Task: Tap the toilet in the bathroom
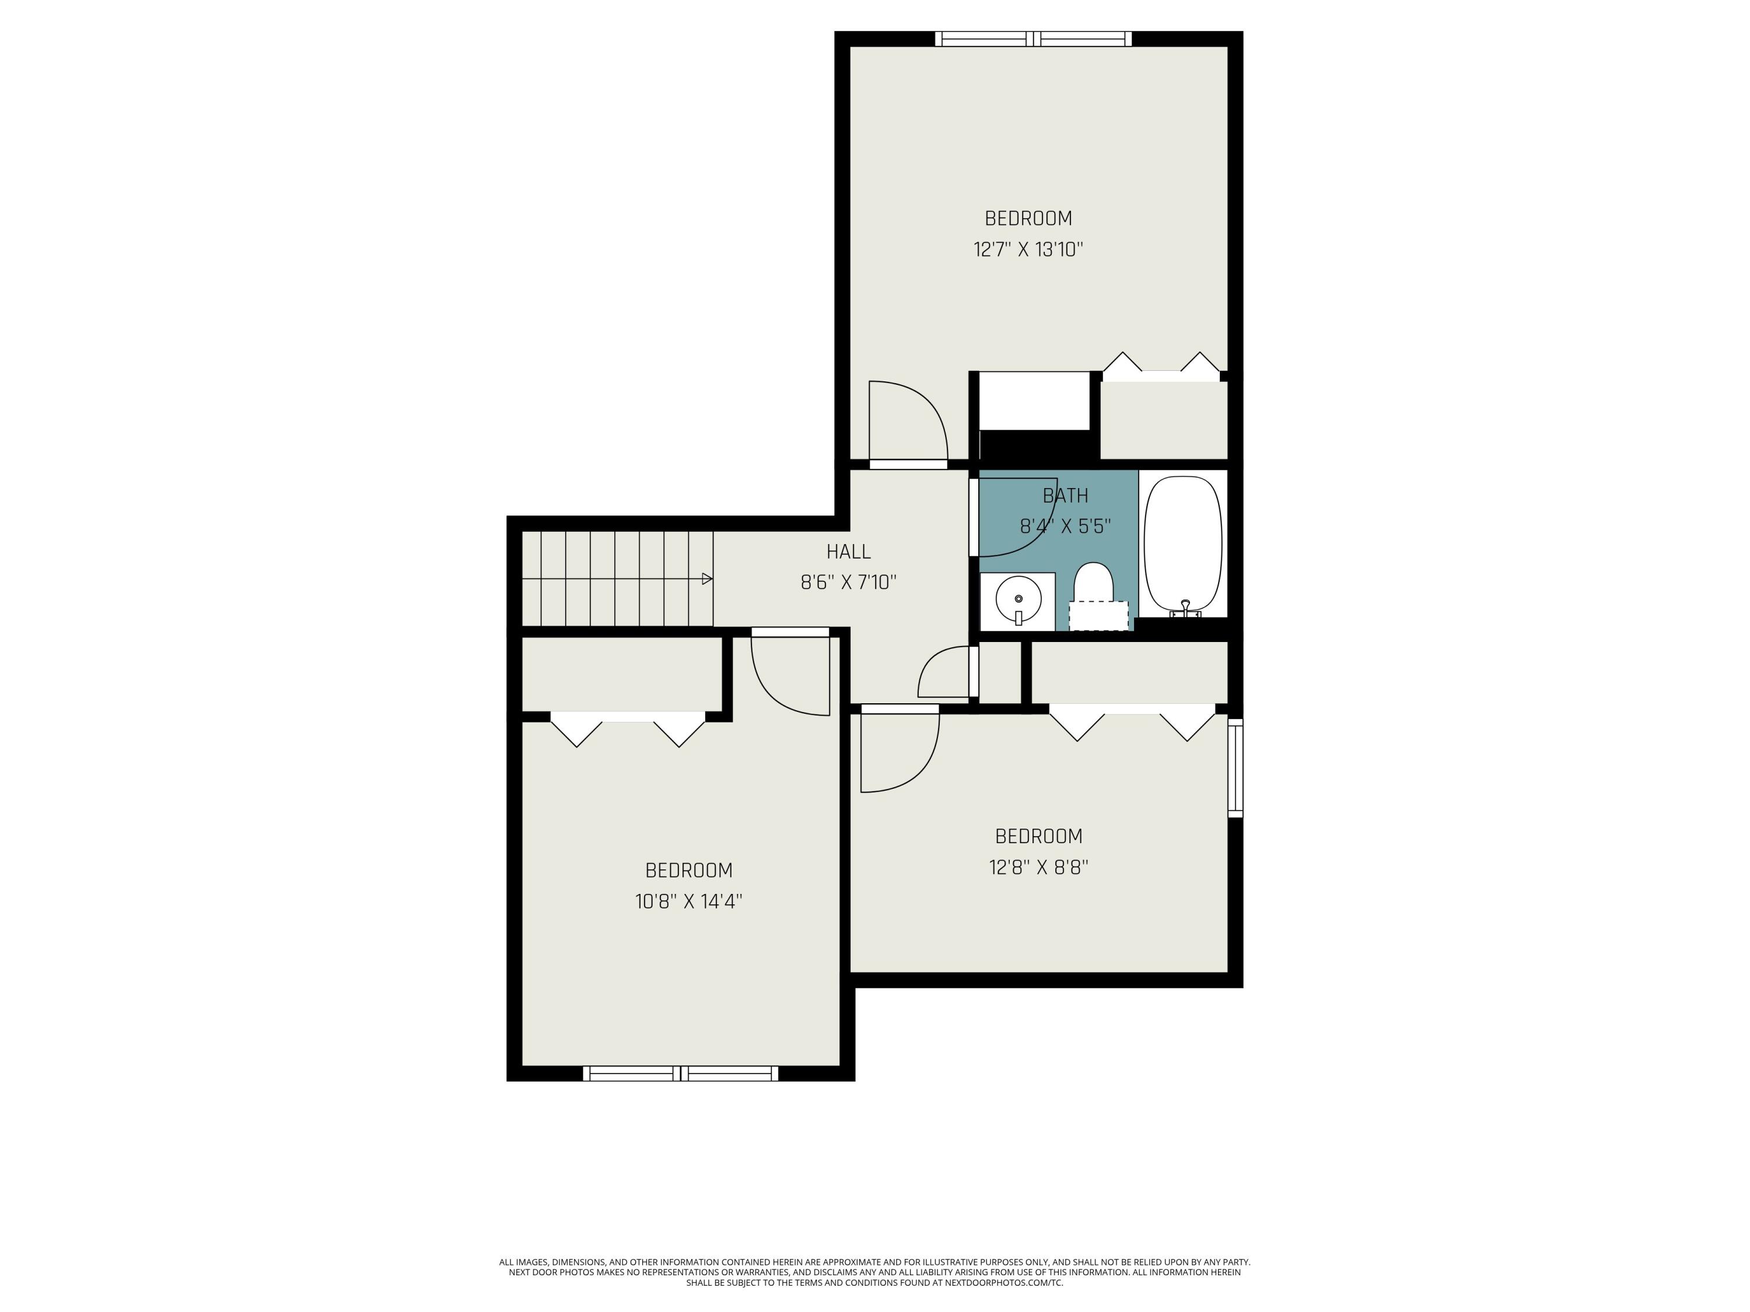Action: [x=1093, y=584]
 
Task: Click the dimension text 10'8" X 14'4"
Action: [x=688, y=901]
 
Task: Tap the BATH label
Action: [x=1065, y=496]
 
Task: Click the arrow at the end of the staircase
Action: [x=706, y=579]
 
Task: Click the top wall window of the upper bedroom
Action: [x=1033, y=38]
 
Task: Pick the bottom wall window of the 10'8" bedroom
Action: [x=680, y=1073]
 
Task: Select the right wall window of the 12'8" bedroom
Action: [x=1235, y=767]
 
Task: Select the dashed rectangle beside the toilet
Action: [x=1098, y=615]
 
